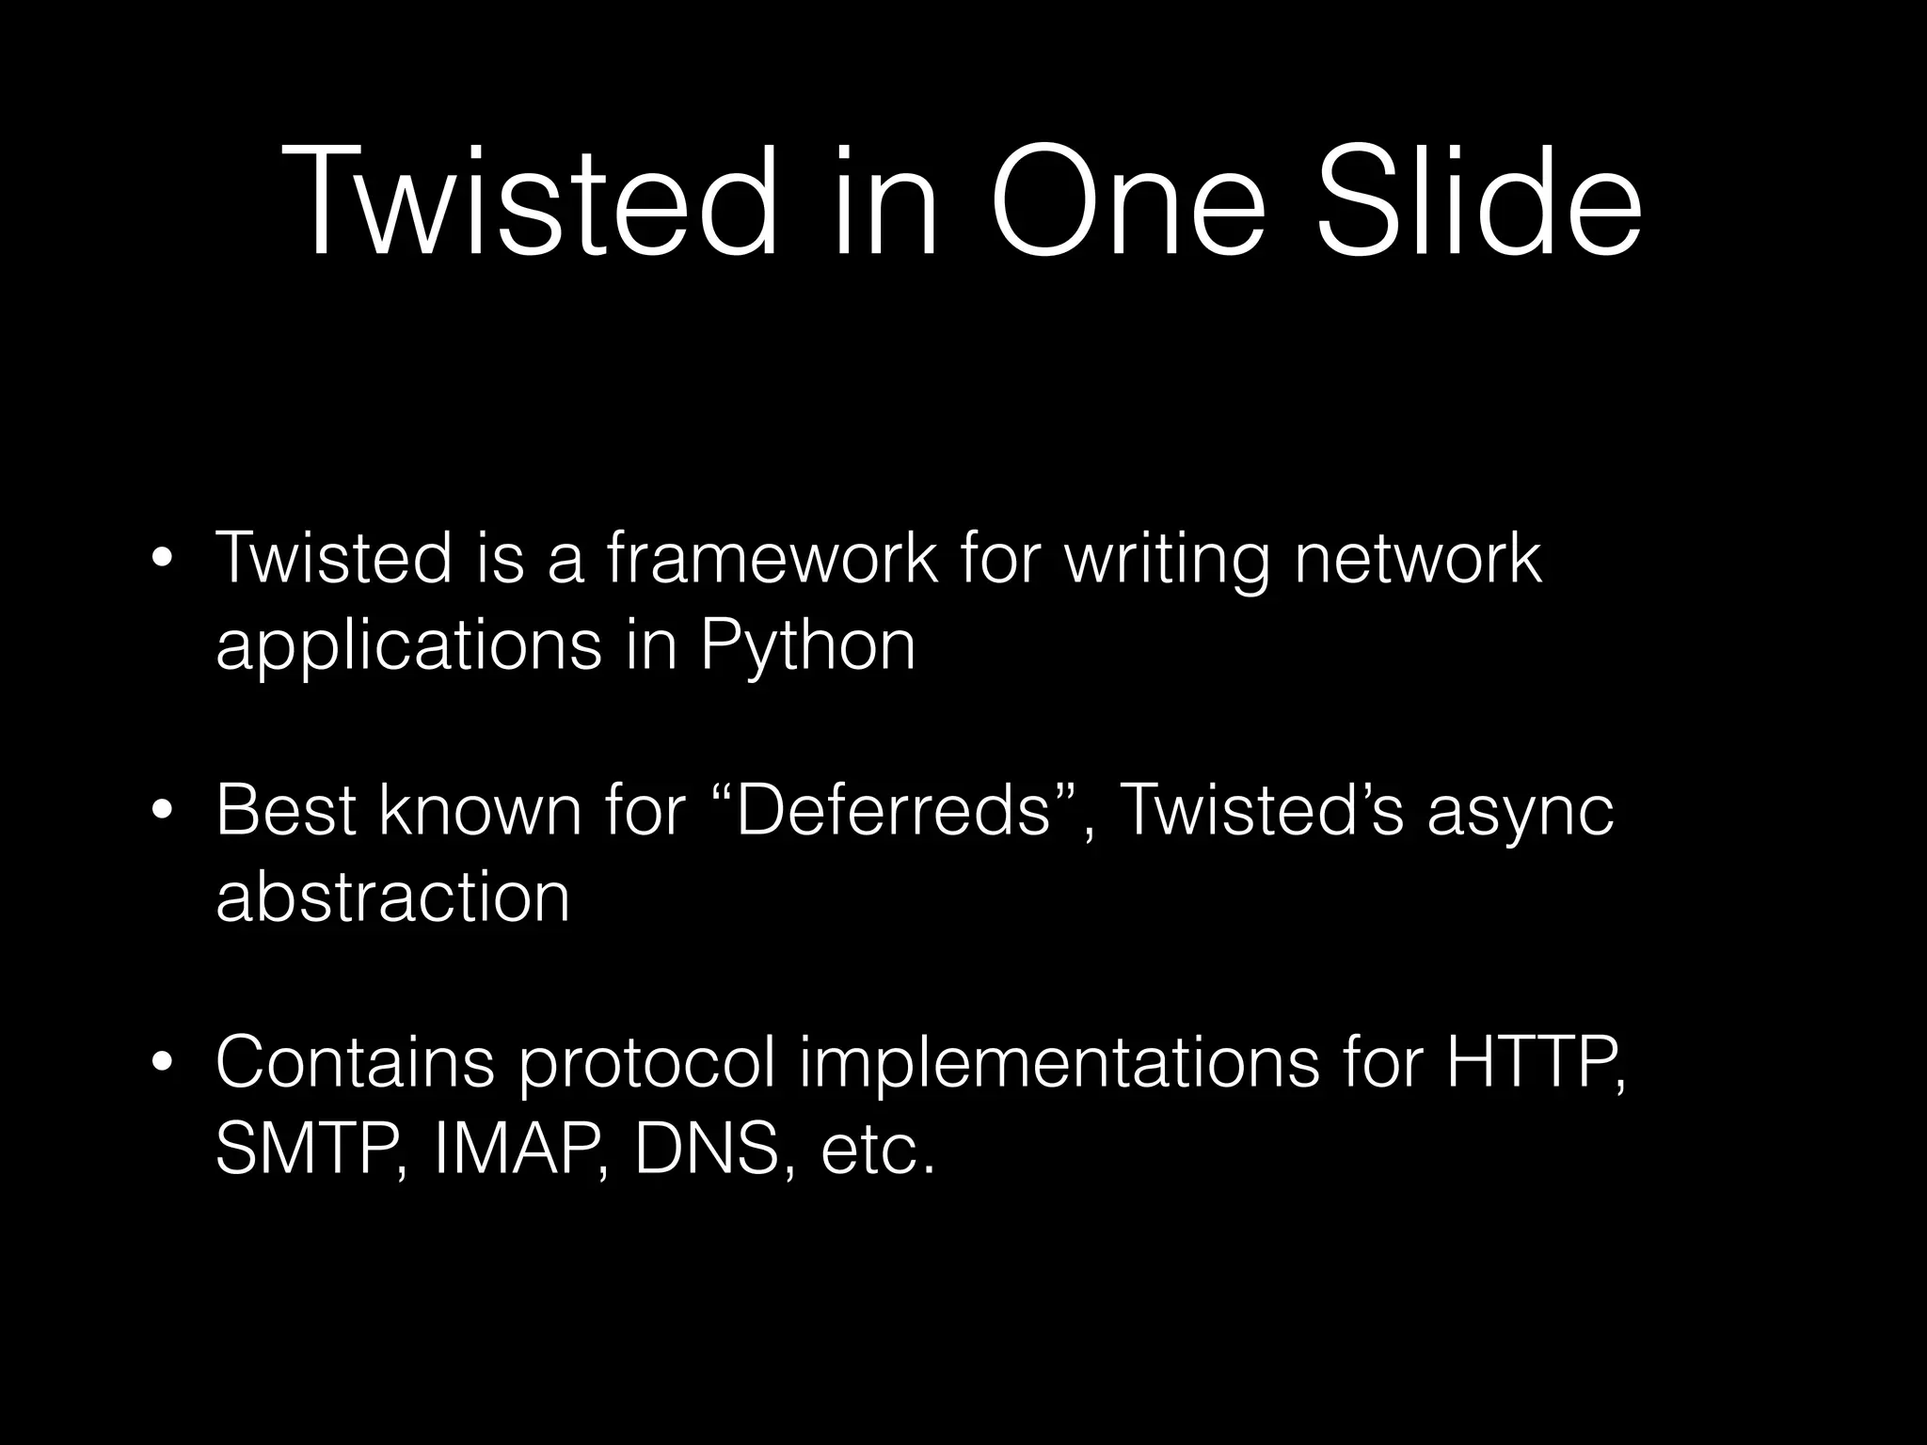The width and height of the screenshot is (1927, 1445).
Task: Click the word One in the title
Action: pos(1128,203)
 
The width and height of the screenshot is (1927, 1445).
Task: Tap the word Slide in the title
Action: pos(1478,203)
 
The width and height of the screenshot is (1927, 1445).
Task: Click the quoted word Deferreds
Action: pos(893,810)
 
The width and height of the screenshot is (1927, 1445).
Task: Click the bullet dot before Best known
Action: pos(163,810)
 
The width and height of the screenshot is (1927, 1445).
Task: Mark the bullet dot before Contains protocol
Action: pos(163,1063)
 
